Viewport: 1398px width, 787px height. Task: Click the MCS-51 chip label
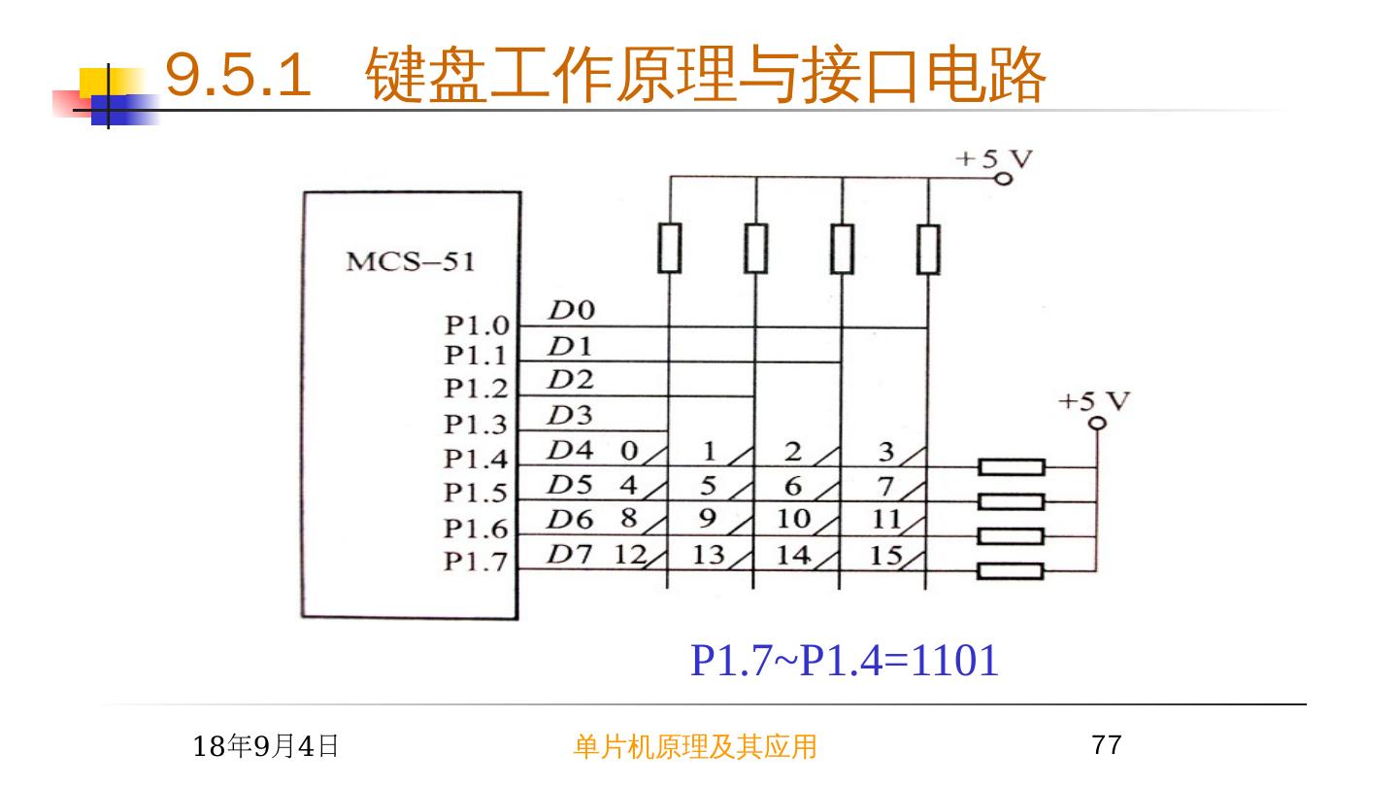point(410,262)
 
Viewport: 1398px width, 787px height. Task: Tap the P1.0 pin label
point(476,325)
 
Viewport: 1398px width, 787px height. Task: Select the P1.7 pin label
point(476,562)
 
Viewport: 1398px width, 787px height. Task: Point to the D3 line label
point(570,416)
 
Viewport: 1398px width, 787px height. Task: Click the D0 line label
point(571,311)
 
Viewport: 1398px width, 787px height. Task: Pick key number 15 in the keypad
point(887,556)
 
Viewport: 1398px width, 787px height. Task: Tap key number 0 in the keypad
point(629,451)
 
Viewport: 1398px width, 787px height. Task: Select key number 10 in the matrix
point(792,519)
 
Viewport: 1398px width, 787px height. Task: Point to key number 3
point(885,451)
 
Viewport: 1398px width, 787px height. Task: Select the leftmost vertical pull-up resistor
point(668,249)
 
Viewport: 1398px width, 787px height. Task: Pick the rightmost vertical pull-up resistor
point(928,249)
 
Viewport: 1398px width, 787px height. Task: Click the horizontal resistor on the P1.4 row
point(1012,467)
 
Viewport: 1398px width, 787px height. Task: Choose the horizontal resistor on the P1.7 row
point(1012,571)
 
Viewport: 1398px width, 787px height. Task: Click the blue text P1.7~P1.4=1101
point(844,661)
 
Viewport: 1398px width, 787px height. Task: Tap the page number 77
point(1107,746)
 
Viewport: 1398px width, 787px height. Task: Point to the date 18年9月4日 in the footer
point(266,746)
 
